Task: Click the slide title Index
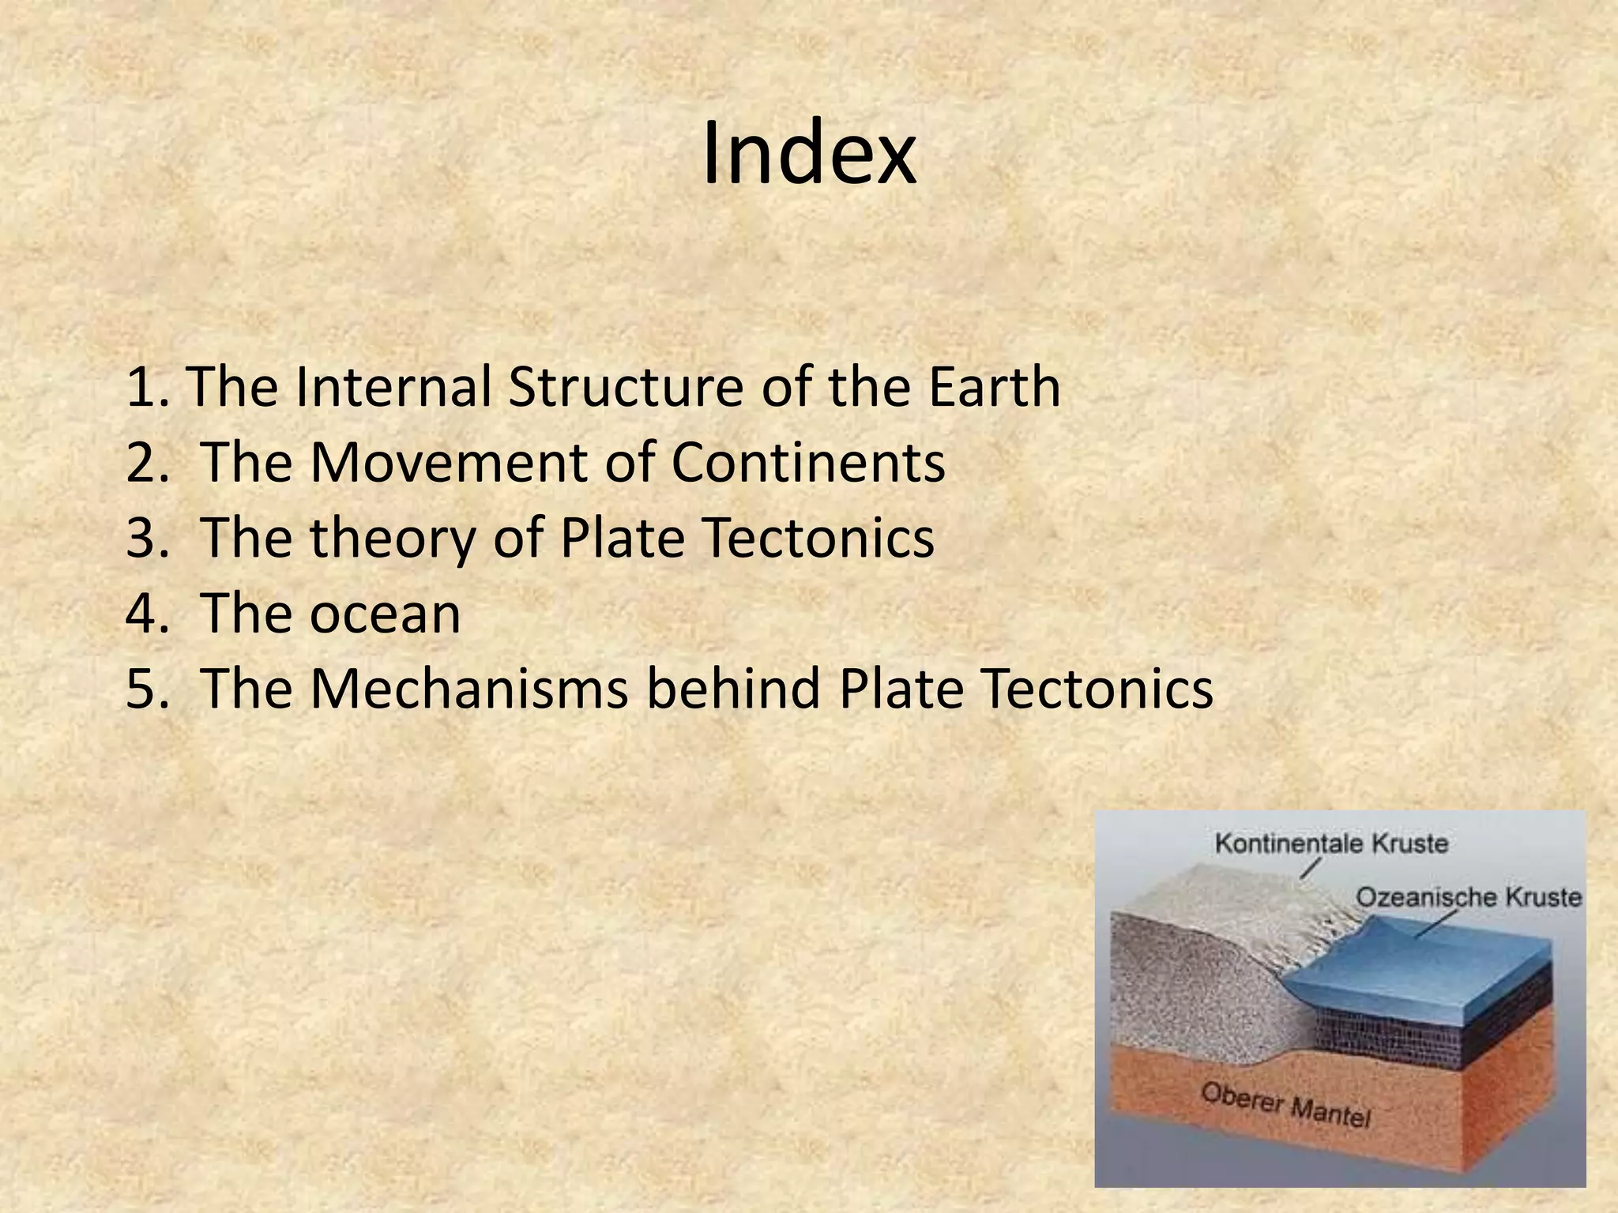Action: click(809, 155)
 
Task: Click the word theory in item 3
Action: click(393, 539)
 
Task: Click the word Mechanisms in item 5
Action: click(469, 689)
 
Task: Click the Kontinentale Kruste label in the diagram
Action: click(1330, 843)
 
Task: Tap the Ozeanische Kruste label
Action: click(1468, 897)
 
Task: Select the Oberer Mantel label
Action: click(1285, 1104)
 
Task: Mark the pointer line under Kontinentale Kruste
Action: click(1310, 869)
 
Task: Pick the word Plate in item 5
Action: click(901, 689)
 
